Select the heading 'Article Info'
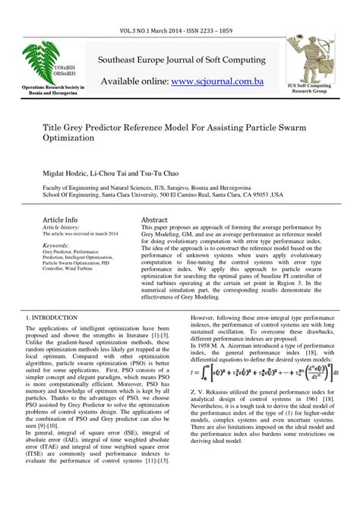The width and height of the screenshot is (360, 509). coord(60,219)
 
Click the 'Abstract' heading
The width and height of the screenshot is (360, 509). coord(154,219)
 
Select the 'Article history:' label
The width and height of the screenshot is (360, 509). coord(61,226)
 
